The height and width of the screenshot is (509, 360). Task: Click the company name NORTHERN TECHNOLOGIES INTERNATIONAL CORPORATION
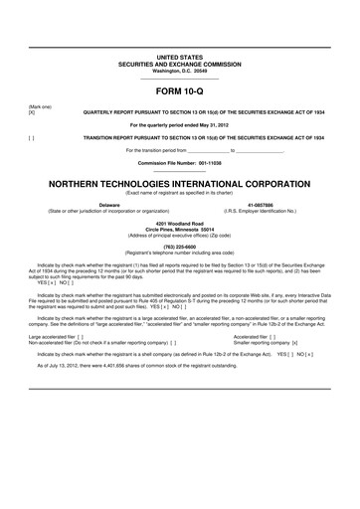pyautogui.click(x=179, y=185)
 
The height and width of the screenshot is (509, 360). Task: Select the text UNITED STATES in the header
pyautogui.click(x=179, y=32)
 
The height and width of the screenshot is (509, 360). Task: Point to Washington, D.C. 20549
pyautogui.click(x=179, y=44)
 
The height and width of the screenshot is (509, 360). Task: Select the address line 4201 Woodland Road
pyautogui.click(x=179, y=224)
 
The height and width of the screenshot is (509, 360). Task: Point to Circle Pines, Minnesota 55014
pyautogui.click(x=179, y=230)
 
